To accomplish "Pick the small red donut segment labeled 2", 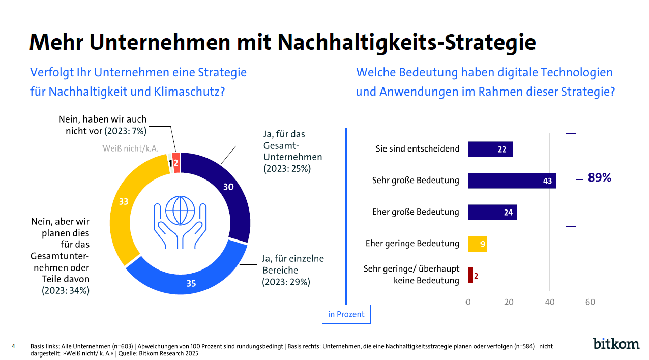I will coord(176,163).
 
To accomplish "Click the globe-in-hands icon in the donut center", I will coord(181,219).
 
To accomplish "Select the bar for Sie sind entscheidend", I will coord(490,149).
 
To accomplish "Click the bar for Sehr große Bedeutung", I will coord(512,181).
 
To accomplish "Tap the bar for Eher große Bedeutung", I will coord(492,212).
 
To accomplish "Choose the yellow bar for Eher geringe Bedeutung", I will coord(477,244).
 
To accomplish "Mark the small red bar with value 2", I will coord(470,275).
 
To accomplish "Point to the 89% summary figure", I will coord(600,178).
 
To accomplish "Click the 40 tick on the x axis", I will coord(549,302).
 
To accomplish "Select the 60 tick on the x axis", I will coord(590,302).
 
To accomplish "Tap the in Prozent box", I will coord(346,314).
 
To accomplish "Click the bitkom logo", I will coord(616,344).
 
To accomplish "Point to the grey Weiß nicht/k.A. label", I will coord(131,148).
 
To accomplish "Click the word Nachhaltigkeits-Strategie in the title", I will coord(407,42).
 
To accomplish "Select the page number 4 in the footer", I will coord(13,347).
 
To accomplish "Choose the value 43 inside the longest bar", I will coord(547,181).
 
